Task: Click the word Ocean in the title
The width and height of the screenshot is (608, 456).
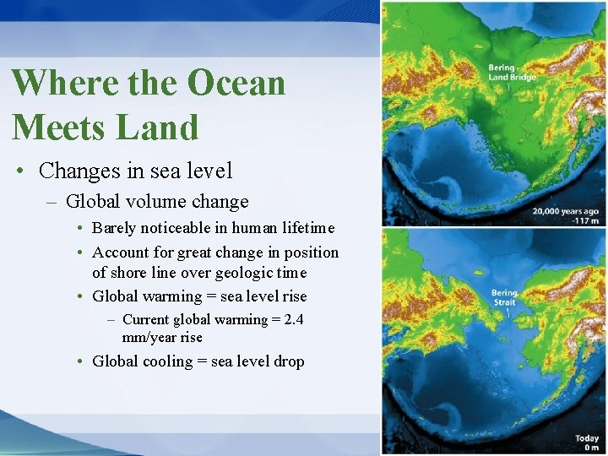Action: pos(236,83)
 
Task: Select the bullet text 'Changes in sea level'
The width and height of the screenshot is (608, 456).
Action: pos(135,171)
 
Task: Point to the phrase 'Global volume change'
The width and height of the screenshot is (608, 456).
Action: pos(157,202)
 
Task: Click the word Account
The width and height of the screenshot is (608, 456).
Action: pos(121,252)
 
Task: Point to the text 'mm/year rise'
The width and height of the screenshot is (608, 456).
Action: pos(162,337)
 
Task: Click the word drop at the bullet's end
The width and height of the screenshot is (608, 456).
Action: pos(289,361)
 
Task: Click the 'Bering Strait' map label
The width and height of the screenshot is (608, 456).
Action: pos(504,298)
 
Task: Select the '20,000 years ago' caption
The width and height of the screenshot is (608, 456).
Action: pos(565,211)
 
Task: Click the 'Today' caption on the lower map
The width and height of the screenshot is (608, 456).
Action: pos(587,439)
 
